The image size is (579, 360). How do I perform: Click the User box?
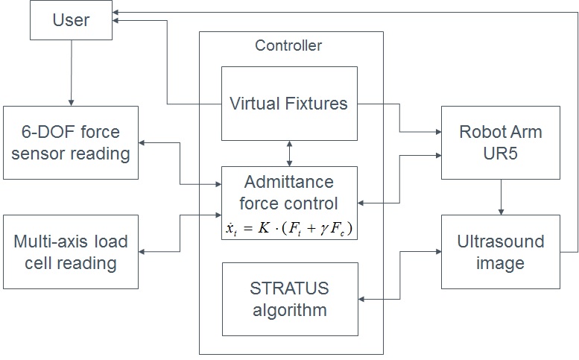71,20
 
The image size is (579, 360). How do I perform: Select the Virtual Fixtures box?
288,103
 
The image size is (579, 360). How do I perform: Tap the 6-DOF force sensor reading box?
71,143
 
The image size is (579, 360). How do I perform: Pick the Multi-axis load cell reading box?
71,252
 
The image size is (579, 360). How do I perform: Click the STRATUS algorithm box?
290,298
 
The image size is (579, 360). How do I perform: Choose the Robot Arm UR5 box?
500,143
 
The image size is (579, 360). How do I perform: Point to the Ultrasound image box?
500,252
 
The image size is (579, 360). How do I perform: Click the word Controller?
288,46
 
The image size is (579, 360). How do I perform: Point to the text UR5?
500,153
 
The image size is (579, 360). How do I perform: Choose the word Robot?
481,133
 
